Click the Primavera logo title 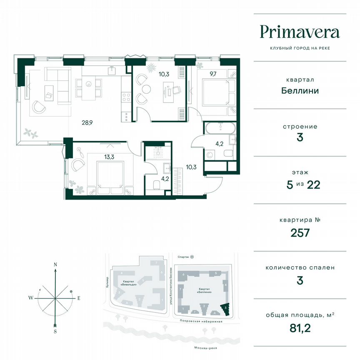[x=300, y=32]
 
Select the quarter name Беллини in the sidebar [x=300, y=90]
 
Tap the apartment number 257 [x=300, y=232]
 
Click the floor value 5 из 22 [x=300, y=185]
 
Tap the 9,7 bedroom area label [x=213, y=74]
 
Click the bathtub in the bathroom [x=220, y=127]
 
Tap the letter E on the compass [x=78, y=298]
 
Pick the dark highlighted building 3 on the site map [x=225, y=308]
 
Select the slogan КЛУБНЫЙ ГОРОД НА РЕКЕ [x=300, y=48]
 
